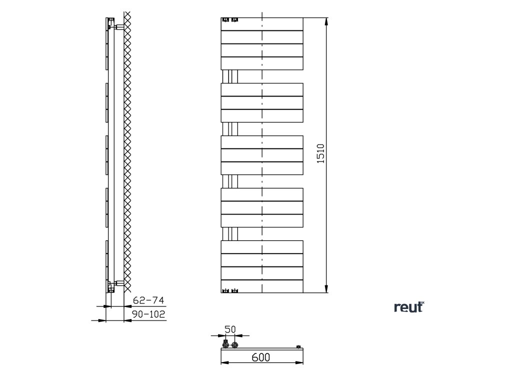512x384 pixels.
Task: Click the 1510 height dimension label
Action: (x=321, y=153)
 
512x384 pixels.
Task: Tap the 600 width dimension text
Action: (x=260, y=357)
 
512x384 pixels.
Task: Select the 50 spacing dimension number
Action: (x=230, y=329)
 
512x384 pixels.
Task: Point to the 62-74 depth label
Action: (x=148, y=300)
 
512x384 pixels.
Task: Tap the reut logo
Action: (x=408, y=307)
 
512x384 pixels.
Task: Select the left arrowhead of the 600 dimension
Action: (x=224, y=363)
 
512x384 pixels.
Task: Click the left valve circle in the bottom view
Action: (x=225, y=344)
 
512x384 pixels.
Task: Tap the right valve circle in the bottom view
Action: (x=234, y=344)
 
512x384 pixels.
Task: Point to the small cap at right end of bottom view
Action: (x=298, y=346)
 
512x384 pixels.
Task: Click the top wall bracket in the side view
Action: (x=119, y=26)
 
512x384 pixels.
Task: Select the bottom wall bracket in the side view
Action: (x=119, y=284)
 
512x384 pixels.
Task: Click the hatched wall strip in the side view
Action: (x=127, y=150)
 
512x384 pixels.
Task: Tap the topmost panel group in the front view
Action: (x=262, y=44)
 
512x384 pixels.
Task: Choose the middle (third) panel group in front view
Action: (x=262, y=155)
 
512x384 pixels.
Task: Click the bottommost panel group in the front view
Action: (x=262, y=266)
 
